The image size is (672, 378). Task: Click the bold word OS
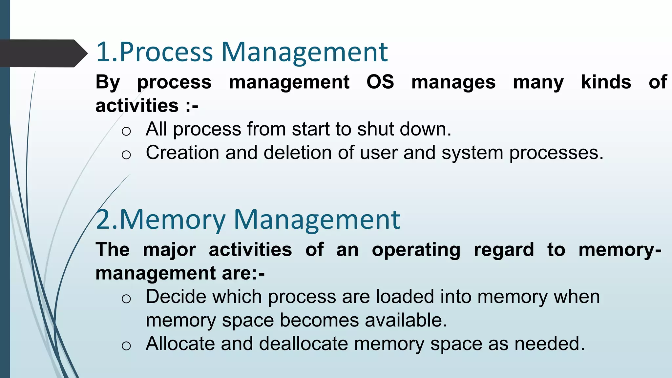click(x=380, y=82)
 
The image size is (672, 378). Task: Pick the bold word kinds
click(x=606, y=82)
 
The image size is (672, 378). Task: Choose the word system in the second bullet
click(x=472, y=153)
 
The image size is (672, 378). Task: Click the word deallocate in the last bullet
click(x=303, y=344)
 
